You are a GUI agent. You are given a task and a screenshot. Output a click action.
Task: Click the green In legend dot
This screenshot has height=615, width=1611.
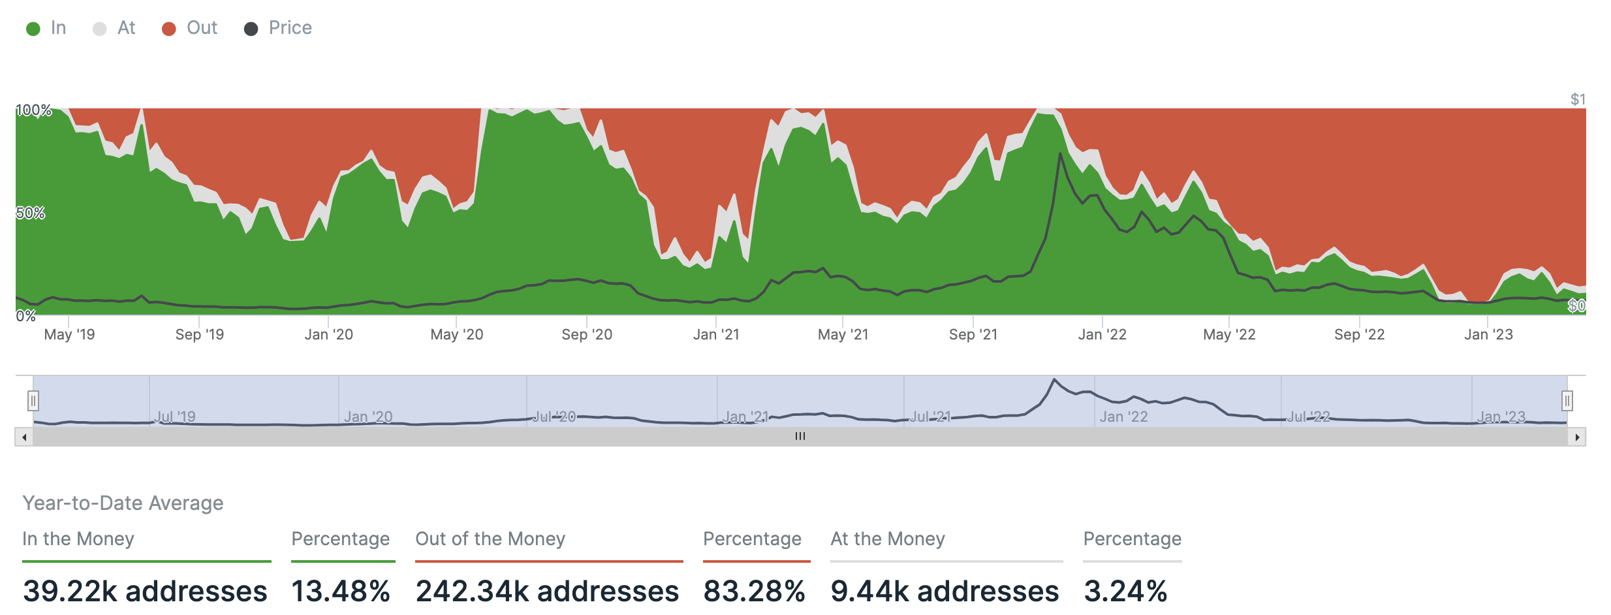33,29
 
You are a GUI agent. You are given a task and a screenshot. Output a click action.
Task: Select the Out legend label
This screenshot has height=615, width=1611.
202,28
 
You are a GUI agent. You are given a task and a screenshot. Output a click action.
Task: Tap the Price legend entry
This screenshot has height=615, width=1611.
290,28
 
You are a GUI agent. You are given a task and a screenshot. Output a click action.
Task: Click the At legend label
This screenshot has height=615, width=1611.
126,28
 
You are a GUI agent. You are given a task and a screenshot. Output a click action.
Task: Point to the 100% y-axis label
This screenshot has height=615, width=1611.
34,110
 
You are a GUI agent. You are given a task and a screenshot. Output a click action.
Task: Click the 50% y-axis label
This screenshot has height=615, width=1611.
31,213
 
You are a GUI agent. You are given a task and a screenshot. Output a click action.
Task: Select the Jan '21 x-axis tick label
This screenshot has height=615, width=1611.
716,335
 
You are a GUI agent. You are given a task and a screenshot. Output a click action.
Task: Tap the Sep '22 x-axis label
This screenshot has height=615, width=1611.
1359,335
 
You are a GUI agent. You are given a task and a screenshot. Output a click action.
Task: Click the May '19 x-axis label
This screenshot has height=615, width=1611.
69,335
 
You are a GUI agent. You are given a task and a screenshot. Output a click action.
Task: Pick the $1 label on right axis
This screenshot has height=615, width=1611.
1578,99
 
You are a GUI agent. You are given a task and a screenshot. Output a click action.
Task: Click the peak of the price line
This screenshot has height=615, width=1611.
1060,154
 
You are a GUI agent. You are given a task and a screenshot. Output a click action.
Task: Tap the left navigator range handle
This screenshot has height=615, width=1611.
33,400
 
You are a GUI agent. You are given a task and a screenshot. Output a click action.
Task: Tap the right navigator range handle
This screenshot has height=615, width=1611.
1567,400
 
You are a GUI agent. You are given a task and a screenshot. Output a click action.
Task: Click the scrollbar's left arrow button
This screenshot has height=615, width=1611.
24,437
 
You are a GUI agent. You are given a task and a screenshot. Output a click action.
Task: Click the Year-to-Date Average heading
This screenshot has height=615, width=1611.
123,503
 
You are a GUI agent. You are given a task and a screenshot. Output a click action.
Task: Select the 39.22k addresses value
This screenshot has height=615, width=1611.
145,591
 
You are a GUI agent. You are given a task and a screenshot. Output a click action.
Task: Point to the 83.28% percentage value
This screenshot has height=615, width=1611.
754,591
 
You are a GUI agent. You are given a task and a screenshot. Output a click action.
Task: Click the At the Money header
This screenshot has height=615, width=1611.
887,539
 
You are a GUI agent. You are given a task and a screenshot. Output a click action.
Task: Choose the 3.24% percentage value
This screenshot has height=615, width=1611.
1125,591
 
